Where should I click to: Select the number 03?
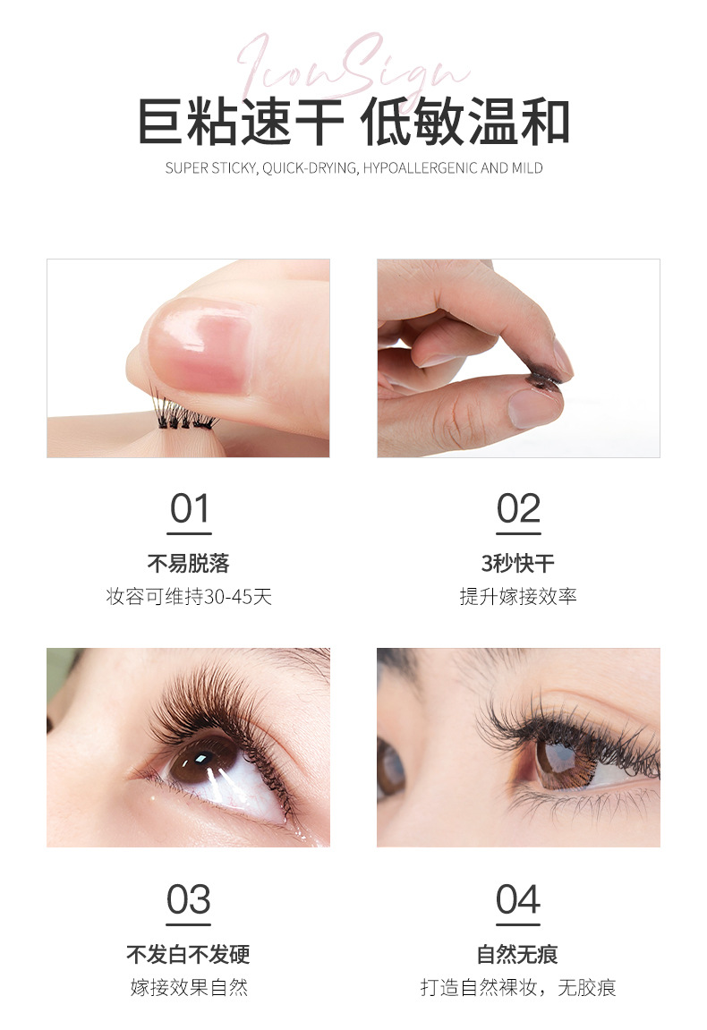click(x=189, y=899)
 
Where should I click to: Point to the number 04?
click(x=518, y=899)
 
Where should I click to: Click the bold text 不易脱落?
click(x=189, y=564)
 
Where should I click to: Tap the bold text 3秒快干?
click(x=518, y=564)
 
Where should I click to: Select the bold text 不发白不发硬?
click(x=189, y=955)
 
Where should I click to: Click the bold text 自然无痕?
click(x=518, y=955)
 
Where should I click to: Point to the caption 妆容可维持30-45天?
click(x=189, y=597)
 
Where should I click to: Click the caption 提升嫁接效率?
click(x=518, y=597)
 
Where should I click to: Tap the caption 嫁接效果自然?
click(x=189, y=988)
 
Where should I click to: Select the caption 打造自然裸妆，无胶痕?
click(x=518, y=988)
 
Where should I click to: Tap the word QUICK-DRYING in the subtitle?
click(x=310, y=168)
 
